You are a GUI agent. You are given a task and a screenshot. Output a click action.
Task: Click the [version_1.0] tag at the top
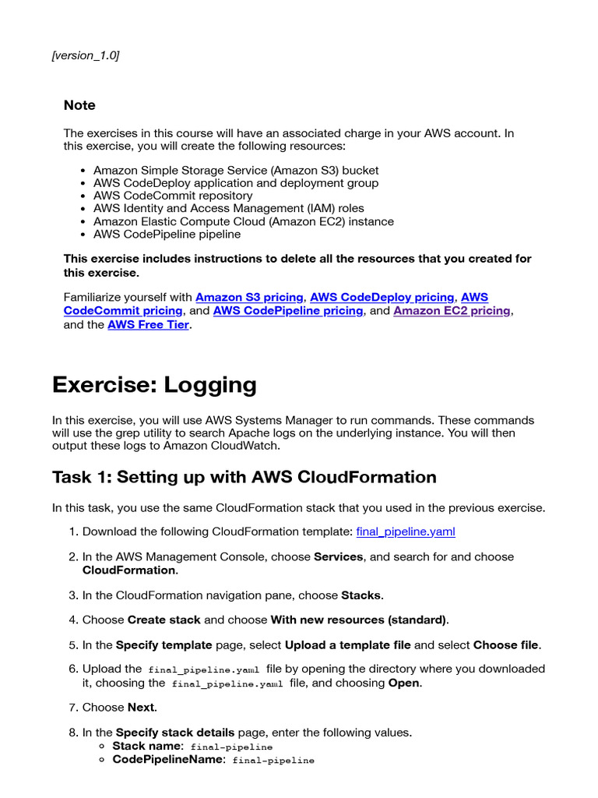pos(86,55)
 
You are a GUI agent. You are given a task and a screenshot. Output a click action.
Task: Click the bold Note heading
pos(79,105)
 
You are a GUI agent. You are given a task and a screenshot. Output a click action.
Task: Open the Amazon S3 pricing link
pos(249,298)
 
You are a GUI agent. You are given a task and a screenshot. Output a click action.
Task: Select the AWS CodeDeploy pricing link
pos(382,298)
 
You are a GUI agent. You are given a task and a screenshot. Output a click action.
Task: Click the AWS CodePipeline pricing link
pos(288,311)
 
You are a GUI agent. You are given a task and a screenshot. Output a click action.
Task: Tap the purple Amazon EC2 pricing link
pos(452,311)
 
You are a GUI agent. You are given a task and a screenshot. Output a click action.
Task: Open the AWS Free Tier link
pos(148,325)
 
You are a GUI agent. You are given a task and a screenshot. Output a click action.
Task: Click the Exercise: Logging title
pos(154,385)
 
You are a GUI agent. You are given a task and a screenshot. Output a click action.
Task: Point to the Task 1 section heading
pos(244,477)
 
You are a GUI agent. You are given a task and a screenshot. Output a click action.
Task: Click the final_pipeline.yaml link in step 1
pos(405,531)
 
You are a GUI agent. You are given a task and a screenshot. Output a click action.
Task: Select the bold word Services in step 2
pos(338,557)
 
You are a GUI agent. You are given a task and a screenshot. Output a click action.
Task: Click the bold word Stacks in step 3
pos(361,595)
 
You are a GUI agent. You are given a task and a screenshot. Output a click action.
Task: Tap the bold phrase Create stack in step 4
pos(164,620)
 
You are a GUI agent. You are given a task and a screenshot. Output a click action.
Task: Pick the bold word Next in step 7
pos(141,708)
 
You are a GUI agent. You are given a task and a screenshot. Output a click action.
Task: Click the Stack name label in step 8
pos(148,747)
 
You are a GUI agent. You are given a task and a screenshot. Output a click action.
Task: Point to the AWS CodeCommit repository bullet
pos(173,196)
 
